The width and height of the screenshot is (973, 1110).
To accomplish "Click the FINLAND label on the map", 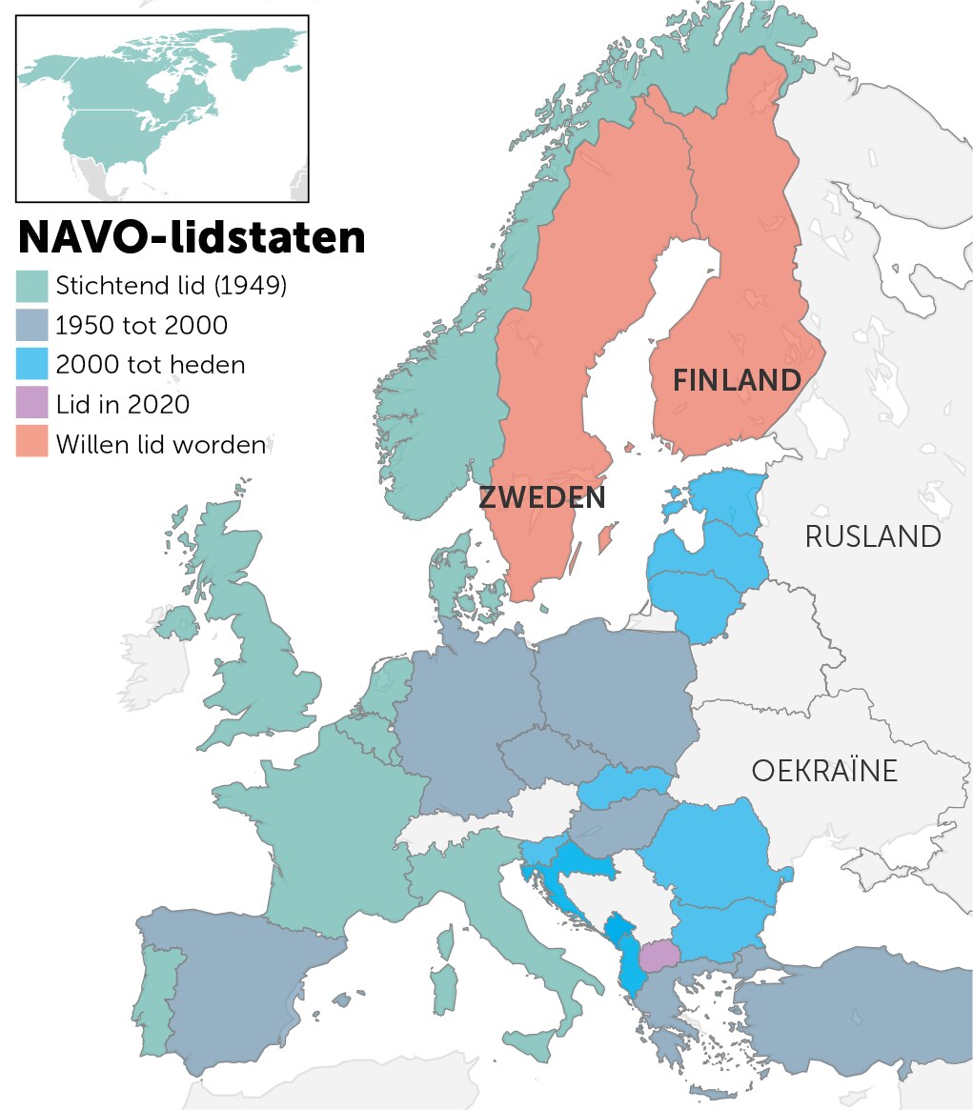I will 737,380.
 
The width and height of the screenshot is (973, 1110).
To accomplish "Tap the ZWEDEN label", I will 541,497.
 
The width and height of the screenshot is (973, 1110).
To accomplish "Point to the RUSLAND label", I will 873,536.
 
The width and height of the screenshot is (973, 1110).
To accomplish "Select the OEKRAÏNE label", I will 824,770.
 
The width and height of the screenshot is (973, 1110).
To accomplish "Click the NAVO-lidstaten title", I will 192,237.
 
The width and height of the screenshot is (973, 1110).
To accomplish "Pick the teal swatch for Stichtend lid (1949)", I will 32,286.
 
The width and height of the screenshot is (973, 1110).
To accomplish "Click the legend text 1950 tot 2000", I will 142,326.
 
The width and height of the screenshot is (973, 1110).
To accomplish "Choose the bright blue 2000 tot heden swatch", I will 32,365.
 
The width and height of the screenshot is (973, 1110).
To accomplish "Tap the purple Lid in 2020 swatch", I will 32,404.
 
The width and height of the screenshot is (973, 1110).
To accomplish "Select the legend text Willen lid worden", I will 160,444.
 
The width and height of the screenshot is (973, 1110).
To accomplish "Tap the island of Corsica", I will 445,943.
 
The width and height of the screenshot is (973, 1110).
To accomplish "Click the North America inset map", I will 162,108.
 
